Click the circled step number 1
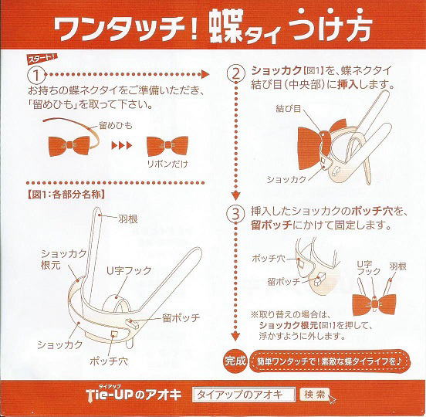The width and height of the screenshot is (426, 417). (x=36, y=74)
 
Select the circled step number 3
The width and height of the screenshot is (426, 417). (x=235, y=214)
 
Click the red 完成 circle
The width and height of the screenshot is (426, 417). (x=235, y=361)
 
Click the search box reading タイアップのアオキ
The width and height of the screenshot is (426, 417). (x=243, y=395)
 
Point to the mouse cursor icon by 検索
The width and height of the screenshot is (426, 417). (x=332, y=399)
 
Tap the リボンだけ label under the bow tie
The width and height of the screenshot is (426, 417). (x=167, y=164)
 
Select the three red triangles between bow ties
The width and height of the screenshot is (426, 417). (x=122, y=145)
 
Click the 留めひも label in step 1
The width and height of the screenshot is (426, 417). (x=116, y=126)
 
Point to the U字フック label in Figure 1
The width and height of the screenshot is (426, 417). (x=129, y=270)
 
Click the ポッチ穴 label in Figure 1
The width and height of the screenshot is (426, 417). (x=108, y=361)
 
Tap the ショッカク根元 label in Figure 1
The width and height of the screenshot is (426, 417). (x=63, y=259)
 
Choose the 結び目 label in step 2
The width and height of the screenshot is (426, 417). (x=289, y=109)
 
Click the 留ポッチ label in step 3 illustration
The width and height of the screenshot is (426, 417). (x=284, y=282)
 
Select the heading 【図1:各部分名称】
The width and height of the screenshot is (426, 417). (x=66, y=195)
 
